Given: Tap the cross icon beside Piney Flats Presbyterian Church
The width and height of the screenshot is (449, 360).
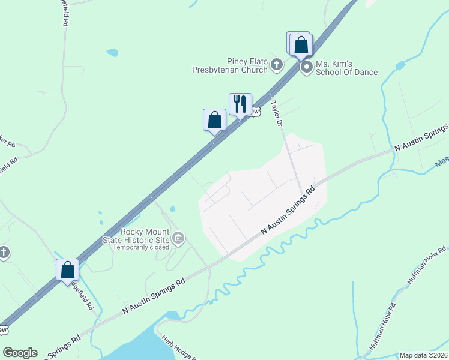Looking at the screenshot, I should coord(277,65).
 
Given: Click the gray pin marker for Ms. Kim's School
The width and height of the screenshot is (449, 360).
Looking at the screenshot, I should coord(306,67).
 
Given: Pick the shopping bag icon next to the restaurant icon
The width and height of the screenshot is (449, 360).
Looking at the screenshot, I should coord(214,119).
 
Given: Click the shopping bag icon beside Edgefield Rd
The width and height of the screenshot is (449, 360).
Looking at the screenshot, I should coord(67,269).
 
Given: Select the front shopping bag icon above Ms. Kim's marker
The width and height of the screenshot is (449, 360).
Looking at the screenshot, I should coord(301,44).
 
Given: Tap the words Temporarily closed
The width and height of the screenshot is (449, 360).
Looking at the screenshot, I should coord(141,247).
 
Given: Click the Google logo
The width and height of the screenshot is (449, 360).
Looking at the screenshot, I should coord(20,353).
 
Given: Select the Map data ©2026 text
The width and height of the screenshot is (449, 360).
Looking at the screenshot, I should coord(423,355).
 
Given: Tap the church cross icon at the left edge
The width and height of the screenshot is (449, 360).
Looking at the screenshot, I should coord(4,253).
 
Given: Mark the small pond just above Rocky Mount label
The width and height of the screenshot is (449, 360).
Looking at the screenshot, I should coord(172,209).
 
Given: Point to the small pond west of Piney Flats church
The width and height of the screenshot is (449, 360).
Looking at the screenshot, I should coord(112,53).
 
